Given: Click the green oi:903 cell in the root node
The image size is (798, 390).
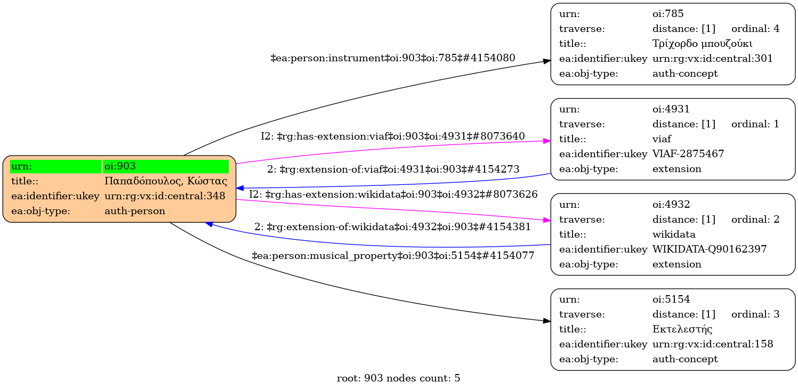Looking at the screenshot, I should click(x=166, y=166).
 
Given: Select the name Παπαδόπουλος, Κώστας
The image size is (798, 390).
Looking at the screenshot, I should click(x=166, y=181).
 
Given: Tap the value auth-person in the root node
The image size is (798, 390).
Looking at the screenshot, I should click(x=135, y=211).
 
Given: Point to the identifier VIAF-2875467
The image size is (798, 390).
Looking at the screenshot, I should click(x=688, y=155).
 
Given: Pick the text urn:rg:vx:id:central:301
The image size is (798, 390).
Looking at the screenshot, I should click(x=713, y=59).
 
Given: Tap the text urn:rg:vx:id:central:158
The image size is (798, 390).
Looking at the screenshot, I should click(x=713, y=344).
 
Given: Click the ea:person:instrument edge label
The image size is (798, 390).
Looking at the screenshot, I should click(x=393, y=58).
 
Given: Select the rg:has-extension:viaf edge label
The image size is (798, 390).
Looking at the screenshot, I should click(x=393, y=136).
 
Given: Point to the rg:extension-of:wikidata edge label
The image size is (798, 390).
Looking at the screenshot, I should click(x=393, y=227).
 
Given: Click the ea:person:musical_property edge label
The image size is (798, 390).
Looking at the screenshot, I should click(x=393, y=256).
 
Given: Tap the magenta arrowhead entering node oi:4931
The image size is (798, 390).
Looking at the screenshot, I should click(x=547, y=141).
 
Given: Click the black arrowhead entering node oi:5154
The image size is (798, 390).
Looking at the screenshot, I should click(x=547, y=321).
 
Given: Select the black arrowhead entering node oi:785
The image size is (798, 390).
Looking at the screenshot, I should click(x=547, y=62).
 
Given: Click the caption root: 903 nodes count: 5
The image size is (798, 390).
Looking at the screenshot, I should click(x=399, y=379).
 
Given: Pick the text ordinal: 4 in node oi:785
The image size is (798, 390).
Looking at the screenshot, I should click(x=755, y=29).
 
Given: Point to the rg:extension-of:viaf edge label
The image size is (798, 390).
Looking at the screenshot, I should click(x=393, y=169).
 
